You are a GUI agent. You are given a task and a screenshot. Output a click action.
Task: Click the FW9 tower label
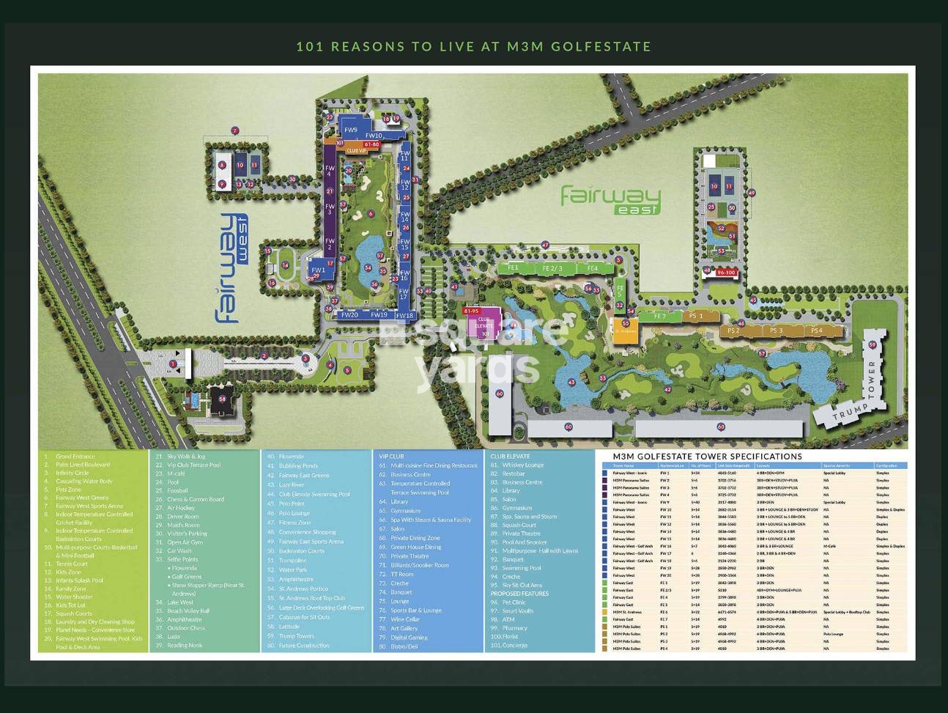pyautogui.click(x=351, y=130)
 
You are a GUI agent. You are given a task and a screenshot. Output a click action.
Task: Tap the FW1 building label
pyautogui.click(x=318, y=270)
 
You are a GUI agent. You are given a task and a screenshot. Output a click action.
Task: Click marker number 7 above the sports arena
pyautogui.click(x=235, y=130)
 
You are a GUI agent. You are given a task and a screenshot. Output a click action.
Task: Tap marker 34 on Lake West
pyautogui.click(x=367, y=268)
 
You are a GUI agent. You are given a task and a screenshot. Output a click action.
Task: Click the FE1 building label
pyautogui.click(x=513, y=268)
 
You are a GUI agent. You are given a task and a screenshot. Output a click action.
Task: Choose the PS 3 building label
pyautogui.click(x=776, y=330)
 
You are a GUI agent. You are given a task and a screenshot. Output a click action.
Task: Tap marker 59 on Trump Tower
pyautogui.click(x=872, y=344)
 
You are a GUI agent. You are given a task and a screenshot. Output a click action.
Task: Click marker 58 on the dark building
pyautogui.click(x=222, y=399)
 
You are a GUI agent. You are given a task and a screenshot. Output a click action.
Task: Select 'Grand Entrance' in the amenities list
pyautogui.click(x=75, y=457)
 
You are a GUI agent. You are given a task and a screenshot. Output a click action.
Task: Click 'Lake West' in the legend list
pyautogui.click(x=180, y=602)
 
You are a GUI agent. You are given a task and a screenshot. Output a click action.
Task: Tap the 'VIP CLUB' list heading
pyautogui.click(x=392, y=456)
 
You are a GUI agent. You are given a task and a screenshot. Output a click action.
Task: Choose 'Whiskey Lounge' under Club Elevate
pyautogui.click(x=522, y=465)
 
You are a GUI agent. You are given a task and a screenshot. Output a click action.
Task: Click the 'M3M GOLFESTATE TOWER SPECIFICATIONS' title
pyautogui.click(x=702, y=456)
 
